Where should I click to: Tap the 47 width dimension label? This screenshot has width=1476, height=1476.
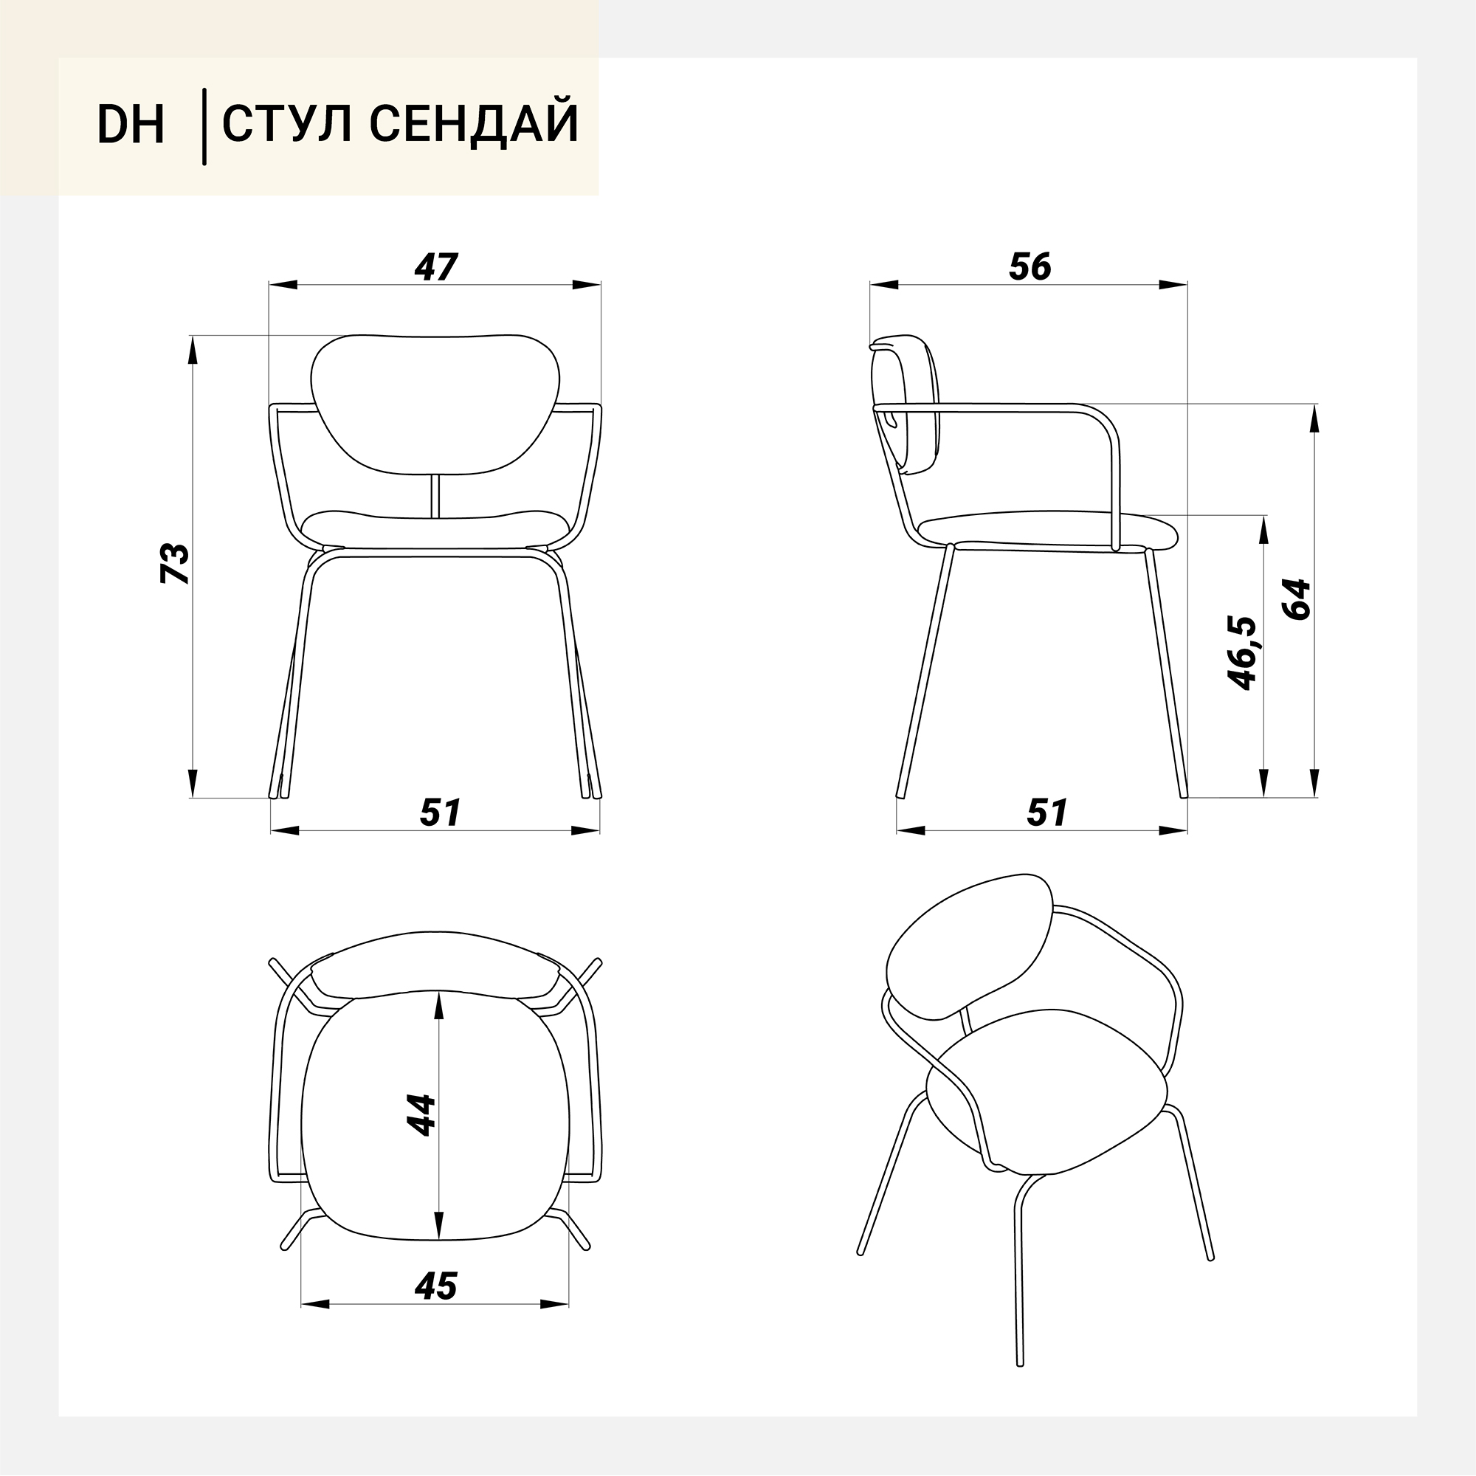435,266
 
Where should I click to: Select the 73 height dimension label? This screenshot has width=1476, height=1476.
175,564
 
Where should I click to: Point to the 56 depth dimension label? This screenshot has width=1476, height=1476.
1030,266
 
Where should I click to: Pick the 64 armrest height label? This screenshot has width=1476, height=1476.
1297,599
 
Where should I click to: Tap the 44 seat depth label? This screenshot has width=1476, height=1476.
421,1115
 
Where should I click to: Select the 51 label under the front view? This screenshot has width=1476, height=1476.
440,813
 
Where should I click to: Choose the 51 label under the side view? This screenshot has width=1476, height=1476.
1046,813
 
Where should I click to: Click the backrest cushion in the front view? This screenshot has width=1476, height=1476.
435,404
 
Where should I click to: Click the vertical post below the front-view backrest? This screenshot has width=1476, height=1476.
435,497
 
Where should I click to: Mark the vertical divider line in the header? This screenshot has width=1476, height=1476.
204,127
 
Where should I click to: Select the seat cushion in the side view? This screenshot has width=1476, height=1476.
1047,531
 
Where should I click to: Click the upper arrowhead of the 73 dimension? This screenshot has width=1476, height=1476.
192,351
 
